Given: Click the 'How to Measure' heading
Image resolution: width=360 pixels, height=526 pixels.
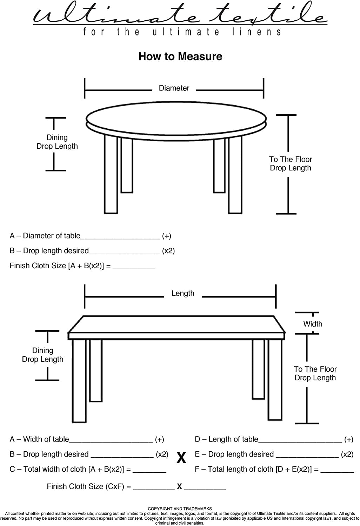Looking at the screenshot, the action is [180, 56].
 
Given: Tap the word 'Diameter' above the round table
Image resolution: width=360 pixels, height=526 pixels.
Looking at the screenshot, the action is [174, 88].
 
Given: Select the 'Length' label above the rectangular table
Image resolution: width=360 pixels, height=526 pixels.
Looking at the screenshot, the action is [183, 294].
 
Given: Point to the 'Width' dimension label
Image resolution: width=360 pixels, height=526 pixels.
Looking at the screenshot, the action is [313, 324].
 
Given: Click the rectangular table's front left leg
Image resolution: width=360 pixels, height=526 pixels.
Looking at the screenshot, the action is [79, 381].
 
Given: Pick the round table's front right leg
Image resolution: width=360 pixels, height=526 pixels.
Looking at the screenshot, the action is [235, 175].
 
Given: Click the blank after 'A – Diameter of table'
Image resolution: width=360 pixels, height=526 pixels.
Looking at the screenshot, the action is [120, 238].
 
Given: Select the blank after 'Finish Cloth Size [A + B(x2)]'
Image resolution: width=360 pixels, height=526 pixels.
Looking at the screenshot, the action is [133, 268].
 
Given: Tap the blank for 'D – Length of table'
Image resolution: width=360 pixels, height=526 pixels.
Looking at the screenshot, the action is [300, 442].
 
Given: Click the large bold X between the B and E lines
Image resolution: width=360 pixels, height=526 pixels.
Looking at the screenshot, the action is [181, 458].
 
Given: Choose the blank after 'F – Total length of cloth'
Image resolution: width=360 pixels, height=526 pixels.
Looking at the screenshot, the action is [337, 472].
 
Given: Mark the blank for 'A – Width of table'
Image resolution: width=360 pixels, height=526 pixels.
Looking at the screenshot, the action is [111, 442].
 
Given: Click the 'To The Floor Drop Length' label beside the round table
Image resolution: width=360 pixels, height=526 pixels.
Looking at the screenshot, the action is [291, 164].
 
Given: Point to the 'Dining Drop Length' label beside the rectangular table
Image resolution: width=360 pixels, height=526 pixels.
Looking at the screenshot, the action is [42, 355].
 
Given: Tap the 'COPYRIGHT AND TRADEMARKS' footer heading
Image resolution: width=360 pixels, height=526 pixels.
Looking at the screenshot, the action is [180, 509].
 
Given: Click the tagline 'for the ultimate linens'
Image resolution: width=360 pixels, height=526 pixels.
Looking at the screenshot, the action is [182, 32].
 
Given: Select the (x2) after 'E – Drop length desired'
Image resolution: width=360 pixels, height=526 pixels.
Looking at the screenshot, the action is [347, 454].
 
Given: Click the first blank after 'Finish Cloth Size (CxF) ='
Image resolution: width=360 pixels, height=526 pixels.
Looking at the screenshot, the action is [154, 490].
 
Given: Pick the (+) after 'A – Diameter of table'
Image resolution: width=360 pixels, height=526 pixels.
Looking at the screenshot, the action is [167, 236].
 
